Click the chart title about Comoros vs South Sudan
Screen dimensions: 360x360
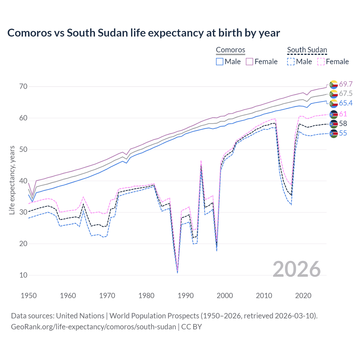pos(143,33)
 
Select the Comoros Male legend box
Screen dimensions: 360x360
pos(220,62)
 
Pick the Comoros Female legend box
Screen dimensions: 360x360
pos(249,62)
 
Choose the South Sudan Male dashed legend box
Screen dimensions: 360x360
pos(291,62)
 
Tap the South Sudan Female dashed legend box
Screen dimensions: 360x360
pos(321,62)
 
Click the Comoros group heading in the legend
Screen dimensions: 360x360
pos(231,50)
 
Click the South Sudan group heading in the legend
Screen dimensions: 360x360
pos(307,50)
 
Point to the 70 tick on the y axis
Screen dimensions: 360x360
pos(23,86)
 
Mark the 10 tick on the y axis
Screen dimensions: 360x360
pos(23,275)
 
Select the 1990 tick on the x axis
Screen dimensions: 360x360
pos(186,296)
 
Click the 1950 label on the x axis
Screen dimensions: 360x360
pos(29,296)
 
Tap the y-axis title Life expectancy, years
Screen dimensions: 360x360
pos(12,180)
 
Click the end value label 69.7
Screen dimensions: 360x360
pos(346,84)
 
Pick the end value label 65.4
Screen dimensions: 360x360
pos(346,103)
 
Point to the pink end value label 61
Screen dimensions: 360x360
pos(343,114)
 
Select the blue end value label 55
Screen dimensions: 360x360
pos(343,133)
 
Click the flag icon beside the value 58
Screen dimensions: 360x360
pos(334,124)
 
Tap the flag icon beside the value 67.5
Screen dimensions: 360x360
pos(334,94)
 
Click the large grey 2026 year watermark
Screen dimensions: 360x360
pos(297,269)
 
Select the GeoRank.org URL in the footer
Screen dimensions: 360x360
pos(93,327)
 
